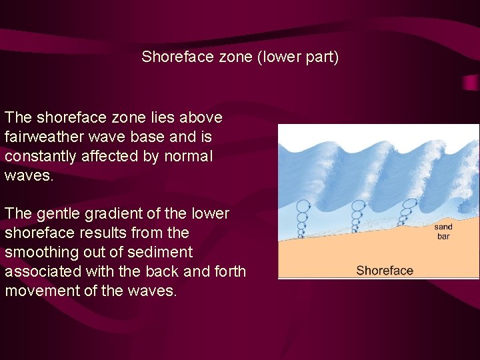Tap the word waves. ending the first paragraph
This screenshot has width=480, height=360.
click(x=26, y=175)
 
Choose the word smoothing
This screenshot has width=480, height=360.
click(x=40, y=253)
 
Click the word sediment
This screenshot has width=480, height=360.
click(x=162, y=253)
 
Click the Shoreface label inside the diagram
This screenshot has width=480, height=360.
click(x=385, y=270)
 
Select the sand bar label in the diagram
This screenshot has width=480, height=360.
click(x=443, y=231)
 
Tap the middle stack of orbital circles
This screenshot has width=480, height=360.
click(x=356, y=215)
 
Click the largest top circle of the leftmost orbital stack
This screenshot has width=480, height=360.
click(x=303, y=206)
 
